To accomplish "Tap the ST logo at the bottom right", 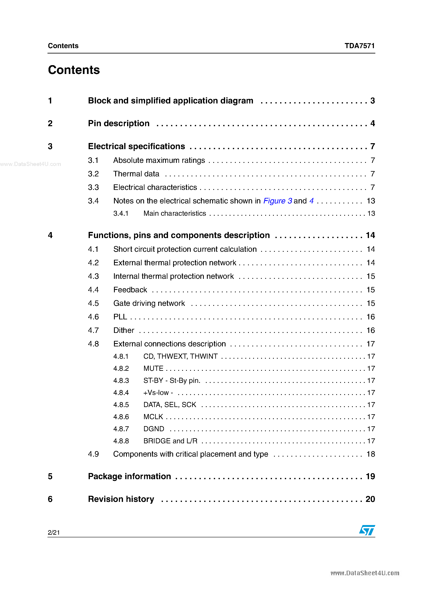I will (x=367, y=530).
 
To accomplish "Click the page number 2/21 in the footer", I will (x=54, y=532).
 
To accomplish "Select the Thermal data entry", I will (x=136, y=174).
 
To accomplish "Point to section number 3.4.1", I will (x=121, y=213).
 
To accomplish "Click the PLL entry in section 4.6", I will (x=120, y=317).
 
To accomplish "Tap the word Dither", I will (x=124, y=330).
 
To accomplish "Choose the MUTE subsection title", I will (x=153, y=368).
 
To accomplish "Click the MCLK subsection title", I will (x=153, y=417).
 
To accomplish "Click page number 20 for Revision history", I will (x=370, y=499).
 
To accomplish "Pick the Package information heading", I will (x=129, y=476).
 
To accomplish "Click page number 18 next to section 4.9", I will (x=371, y=454).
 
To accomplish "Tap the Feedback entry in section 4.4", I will (x=130, y=290).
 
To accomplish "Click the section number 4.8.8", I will (x=121, y=441).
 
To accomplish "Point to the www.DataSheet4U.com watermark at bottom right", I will (x=365, y=573).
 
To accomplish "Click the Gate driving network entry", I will (x=149, y=303).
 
